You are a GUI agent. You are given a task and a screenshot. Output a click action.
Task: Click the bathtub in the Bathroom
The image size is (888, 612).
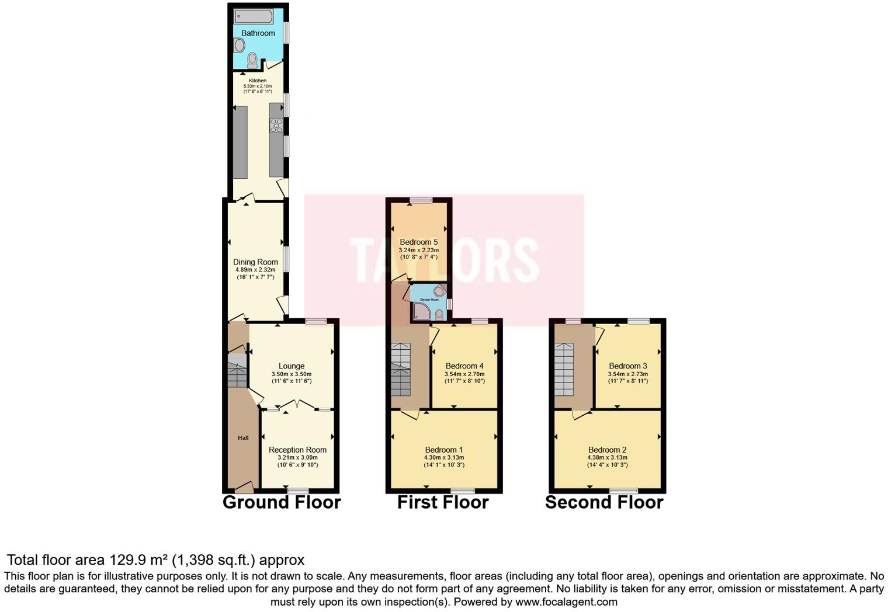tap(254, 16)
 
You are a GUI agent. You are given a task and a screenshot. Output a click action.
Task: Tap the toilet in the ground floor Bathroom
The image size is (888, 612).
tap(252, 60)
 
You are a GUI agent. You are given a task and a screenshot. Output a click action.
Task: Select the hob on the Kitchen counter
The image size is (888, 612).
tap(276, 126)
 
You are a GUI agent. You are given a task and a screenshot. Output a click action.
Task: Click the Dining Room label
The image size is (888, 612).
tap(255, 262)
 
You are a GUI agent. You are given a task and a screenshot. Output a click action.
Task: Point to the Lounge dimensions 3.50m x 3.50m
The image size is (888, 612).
tap(292, 374)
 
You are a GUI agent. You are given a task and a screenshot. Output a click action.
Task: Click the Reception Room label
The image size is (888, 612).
tap(297, 450)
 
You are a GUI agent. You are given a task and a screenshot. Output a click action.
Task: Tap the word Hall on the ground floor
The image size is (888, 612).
tap(243, 438)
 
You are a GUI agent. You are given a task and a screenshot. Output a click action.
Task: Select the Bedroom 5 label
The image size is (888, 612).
tap(418, 242)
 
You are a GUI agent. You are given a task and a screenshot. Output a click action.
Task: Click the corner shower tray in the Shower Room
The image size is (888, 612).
tap(421, 312)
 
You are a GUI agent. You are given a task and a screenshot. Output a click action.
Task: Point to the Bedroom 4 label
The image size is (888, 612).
tap(464, 366)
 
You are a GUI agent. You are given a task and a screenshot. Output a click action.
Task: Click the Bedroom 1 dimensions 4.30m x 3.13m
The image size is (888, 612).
tap(444, 458)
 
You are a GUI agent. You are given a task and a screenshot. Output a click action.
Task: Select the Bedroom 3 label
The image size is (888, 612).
tap(627, 366)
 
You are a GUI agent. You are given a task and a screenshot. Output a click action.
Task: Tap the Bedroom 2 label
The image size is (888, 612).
tap(608, 450)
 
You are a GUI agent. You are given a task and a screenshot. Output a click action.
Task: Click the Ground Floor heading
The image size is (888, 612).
tap(282, 503)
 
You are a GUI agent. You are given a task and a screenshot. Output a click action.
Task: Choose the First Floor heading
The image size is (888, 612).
tap(443, 503)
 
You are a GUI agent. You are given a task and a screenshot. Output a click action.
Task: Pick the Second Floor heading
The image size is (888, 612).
tap(604, 503)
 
